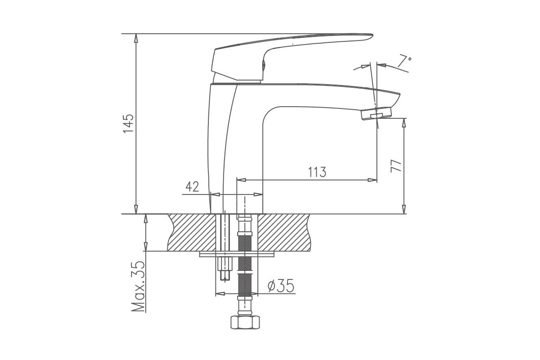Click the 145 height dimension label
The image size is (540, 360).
click(128, 123)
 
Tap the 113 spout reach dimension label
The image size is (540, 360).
click(317, 172)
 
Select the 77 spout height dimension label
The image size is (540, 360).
click(396, 166)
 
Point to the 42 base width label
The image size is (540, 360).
click(192, 187)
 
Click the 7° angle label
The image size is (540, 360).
click(404, 61)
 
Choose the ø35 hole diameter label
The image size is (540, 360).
click(281, 286)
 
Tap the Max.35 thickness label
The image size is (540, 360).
click(138, 286)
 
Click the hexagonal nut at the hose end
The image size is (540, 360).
click(245, 322)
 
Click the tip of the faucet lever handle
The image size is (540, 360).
click(372, 36)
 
